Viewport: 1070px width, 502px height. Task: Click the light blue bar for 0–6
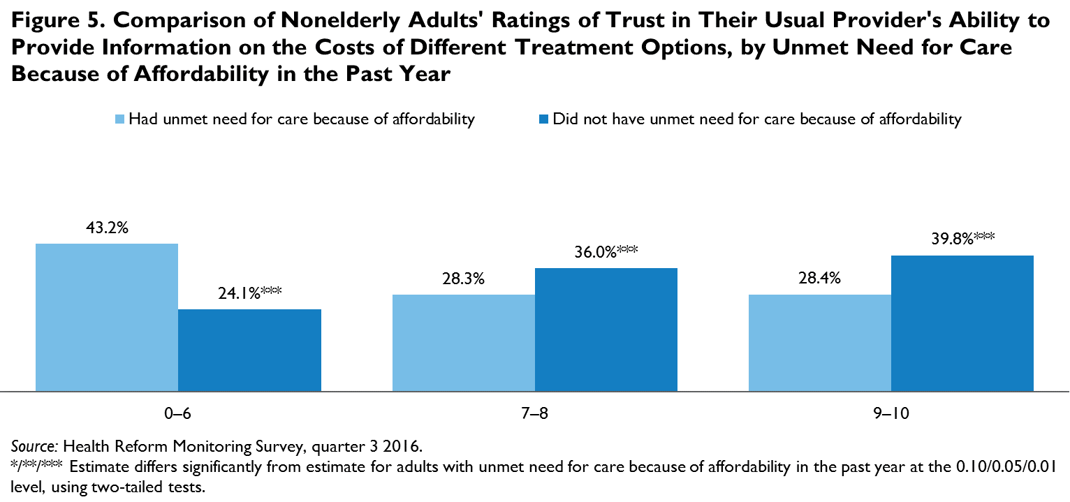(107, 317)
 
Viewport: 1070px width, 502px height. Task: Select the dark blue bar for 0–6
(249, 350)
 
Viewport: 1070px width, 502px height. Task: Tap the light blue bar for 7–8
(463, 342)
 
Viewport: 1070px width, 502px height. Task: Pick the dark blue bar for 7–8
(606, 329)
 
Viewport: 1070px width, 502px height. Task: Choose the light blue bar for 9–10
(819, 342)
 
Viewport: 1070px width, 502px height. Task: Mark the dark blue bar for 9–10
(962, 323)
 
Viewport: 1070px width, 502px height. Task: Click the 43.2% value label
(107, 228)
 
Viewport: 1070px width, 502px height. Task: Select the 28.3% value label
(463, 279)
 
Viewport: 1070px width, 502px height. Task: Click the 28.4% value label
(819, 279)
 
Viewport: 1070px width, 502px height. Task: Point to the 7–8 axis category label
(534, 413)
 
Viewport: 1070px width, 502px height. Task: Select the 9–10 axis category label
(891, 413)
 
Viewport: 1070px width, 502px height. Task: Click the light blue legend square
(119, 119)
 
